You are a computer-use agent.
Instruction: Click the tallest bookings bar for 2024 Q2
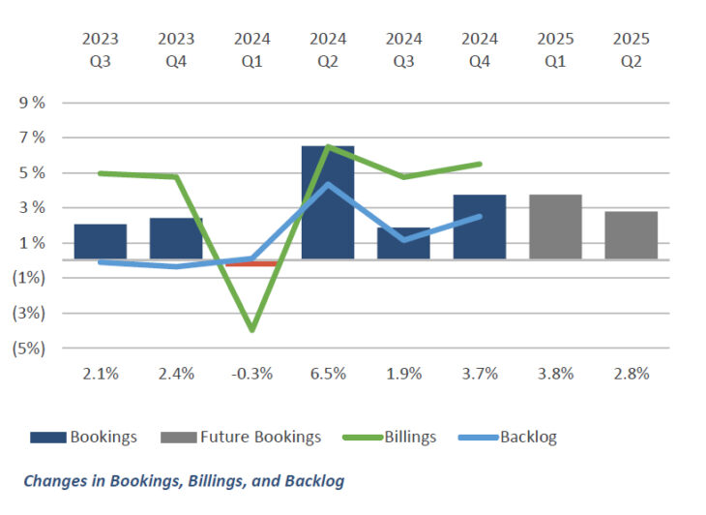328,202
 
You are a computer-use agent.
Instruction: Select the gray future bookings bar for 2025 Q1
555,227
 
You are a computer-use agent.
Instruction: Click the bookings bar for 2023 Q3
101,241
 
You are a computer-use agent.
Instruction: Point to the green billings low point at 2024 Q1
252,330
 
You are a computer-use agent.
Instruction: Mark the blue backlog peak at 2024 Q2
329,184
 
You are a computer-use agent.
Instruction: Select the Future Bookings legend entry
260,437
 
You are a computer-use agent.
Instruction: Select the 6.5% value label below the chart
328,373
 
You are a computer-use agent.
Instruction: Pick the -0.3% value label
252,373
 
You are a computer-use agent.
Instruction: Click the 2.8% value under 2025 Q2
632,373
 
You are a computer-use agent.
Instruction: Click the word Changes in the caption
54,480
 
